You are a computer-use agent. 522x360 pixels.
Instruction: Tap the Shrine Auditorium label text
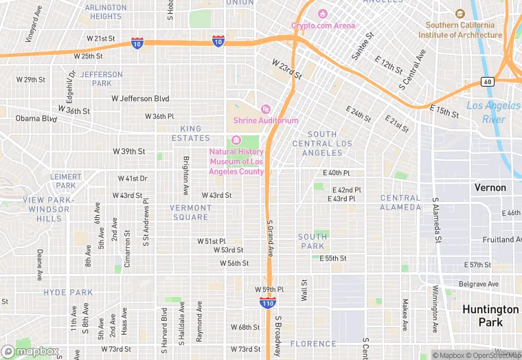click(x=266, y=120)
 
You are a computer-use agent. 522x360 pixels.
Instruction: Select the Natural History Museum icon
click(x=237, y=141)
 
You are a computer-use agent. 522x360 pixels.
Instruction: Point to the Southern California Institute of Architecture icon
click(x=460, y=14)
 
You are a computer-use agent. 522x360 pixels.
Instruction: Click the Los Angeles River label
click(x=494, y=112)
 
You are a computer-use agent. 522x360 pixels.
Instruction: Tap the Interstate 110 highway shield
click(x=269, y=302)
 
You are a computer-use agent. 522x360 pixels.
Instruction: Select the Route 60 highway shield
click(x=487, y=82)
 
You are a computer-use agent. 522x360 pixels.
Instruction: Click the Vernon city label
click(x=490, y=188)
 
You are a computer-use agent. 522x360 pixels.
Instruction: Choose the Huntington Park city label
click(x=490, y=316)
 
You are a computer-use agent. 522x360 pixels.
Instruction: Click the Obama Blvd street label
click(x=36, y=119)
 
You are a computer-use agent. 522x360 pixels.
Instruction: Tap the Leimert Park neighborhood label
click(x=66, y=181)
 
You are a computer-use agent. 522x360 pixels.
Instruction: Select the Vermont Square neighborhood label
click(x=190, y=212)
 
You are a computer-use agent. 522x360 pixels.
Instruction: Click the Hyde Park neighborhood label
click(x=68, y=293)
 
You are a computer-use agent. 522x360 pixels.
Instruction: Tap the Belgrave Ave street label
click(x=479, y=284)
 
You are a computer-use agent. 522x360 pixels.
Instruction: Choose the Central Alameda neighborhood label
click(x=400, y=203)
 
